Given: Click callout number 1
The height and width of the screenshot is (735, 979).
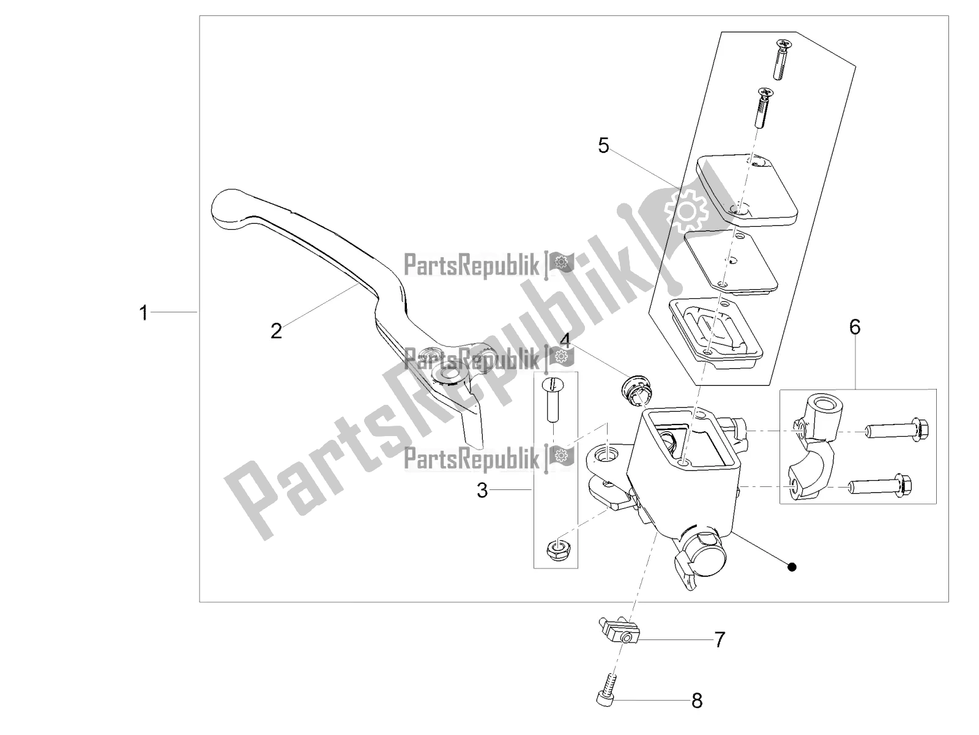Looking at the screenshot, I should [143, 314].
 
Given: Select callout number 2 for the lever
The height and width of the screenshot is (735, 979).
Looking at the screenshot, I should [277, 331].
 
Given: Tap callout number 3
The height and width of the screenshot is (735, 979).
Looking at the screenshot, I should [483, 490].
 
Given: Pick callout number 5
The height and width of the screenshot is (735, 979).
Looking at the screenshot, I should [604, 146].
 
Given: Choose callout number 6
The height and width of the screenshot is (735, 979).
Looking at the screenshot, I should [854, 326].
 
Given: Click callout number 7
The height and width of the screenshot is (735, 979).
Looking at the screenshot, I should [720, 640].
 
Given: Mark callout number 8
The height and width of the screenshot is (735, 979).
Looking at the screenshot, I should [696, 701].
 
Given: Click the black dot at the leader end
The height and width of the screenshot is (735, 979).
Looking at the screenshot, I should [792, 567].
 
